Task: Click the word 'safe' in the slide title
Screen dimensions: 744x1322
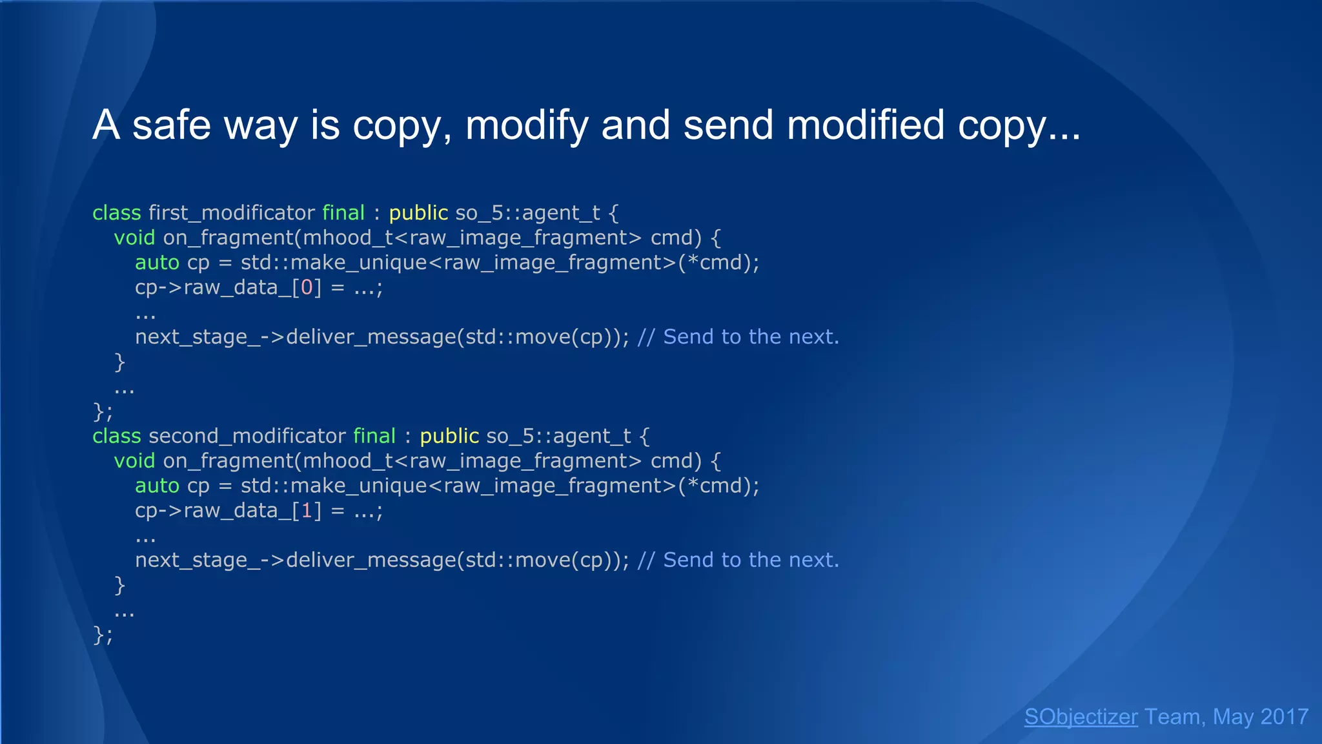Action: (x=171, y=125)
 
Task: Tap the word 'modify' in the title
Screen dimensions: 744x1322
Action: (x=527, y=125)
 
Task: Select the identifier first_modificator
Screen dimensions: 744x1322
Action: (x=232, y=212)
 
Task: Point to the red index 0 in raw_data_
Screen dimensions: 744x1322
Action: (x=307, y=287)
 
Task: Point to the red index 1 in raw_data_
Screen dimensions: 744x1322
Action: (x=307, y=511)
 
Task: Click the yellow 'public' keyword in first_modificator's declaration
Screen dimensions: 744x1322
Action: (x=418, y=212)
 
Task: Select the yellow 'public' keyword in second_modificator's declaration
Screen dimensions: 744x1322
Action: (x=449, y=436)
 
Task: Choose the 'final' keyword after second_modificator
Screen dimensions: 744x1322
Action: (x=374, y=436)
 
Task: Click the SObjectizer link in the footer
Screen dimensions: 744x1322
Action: (x=1081, y=716)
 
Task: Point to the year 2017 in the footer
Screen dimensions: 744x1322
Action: (x=1284, y=716)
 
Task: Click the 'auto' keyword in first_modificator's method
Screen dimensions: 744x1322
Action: (x=157, y=263)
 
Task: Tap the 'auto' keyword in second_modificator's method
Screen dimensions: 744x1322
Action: (x=157, y=486)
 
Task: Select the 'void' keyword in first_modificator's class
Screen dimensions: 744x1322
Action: (x=134, y=238)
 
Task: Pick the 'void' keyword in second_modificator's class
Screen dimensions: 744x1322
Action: (x=134, y=461)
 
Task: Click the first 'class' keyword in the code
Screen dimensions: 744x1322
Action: (x=116, y=212)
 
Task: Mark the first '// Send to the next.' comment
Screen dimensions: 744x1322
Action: (x=738, y=337)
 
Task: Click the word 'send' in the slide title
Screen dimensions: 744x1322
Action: (x=728, y=125)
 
